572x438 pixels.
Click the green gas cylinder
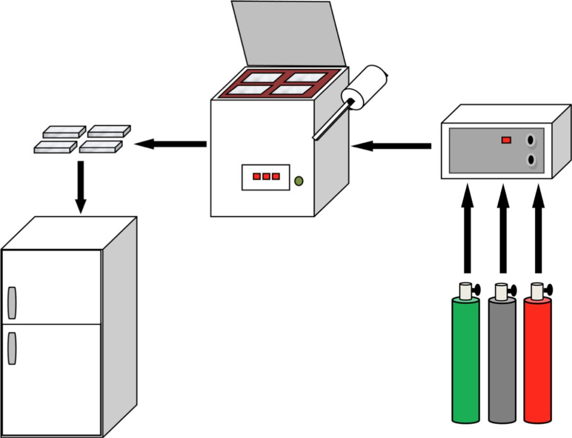[466, 360]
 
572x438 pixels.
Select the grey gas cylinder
[502, 360]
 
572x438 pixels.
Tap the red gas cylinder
[537, 360]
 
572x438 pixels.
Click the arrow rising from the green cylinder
[467, 228]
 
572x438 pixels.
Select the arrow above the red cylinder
[538, 228]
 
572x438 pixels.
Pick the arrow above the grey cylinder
[503, 228]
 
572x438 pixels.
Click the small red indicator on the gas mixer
[506, 140]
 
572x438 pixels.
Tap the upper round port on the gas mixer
[530, 140]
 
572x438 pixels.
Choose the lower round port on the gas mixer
[530, 160]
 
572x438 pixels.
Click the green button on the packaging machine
[299, 181]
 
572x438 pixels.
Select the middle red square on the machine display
[266, 176]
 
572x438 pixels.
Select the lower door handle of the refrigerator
[12, 348]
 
